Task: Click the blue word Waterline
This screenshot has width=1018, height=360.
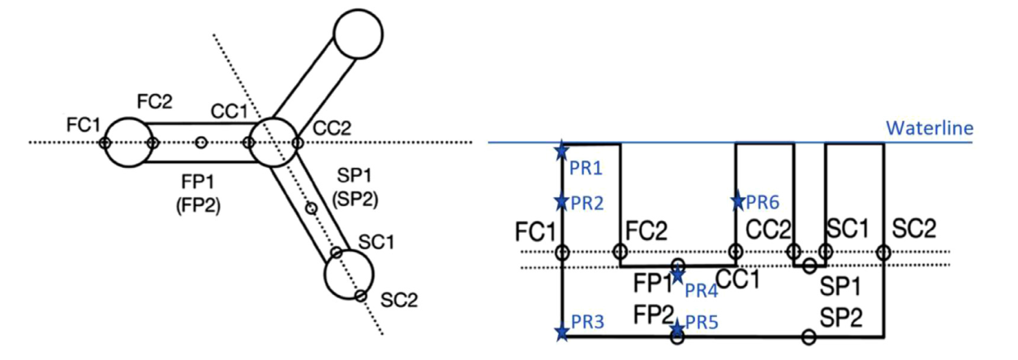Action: pyautogui.click(x=930, y=128)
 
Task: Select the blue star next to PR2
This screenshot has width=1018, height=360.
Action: pyautogui.click(x=562, y=201)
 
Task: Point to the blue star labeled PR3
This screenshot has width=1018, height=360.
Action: pyautogui.click(x=562, y=332)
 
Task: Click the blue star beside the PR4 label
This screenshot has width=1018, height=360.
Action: pyautogui.click(x=677, y=275)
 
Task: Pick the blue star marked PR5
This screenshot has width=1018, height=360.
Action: pyautogui.click(x=677, y=328)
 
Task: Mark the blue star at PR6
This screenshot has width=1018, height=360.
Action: pyautogui.click(x=737, y=200)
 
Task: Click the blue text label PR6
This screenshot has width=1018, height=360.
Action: pyautogui.click(x=762, y=202)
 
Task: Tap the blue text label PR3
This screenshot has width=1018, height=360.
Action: pyautogui.click(x=587, y=322)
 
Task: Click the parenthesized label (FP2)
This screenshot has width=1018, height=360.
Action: pyautogui.click(x=198, y=207)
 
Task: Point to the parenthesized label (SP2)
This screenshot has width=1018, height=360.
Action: pyautogui.click(x=355, y=199)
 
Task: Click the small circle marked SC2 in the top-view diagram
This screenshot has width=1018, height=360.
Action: pyautogui.click(x=360, y=296)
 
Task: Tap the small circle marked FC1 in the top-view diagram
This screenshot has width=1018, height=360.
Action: pyautogui.click(x=105, y=143)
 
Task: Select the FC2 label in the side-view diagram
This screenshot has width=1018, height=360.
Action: pyautogui.click(x=646, y=230)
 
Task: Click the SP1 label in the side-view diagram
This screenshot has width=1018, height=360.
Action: pyautogui.click(x=840, y=286)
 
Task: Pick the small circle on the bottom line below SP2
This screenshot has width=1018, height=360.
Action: pyautogui.click(x=809, y=336)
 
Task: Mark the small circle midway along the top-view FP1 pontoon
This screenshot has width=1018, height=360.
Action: pyautogui.click(x=201, y=143)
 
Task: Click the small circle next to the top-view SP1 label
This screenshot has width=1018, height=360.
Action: pyautogui.click(x=311, y=208)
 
